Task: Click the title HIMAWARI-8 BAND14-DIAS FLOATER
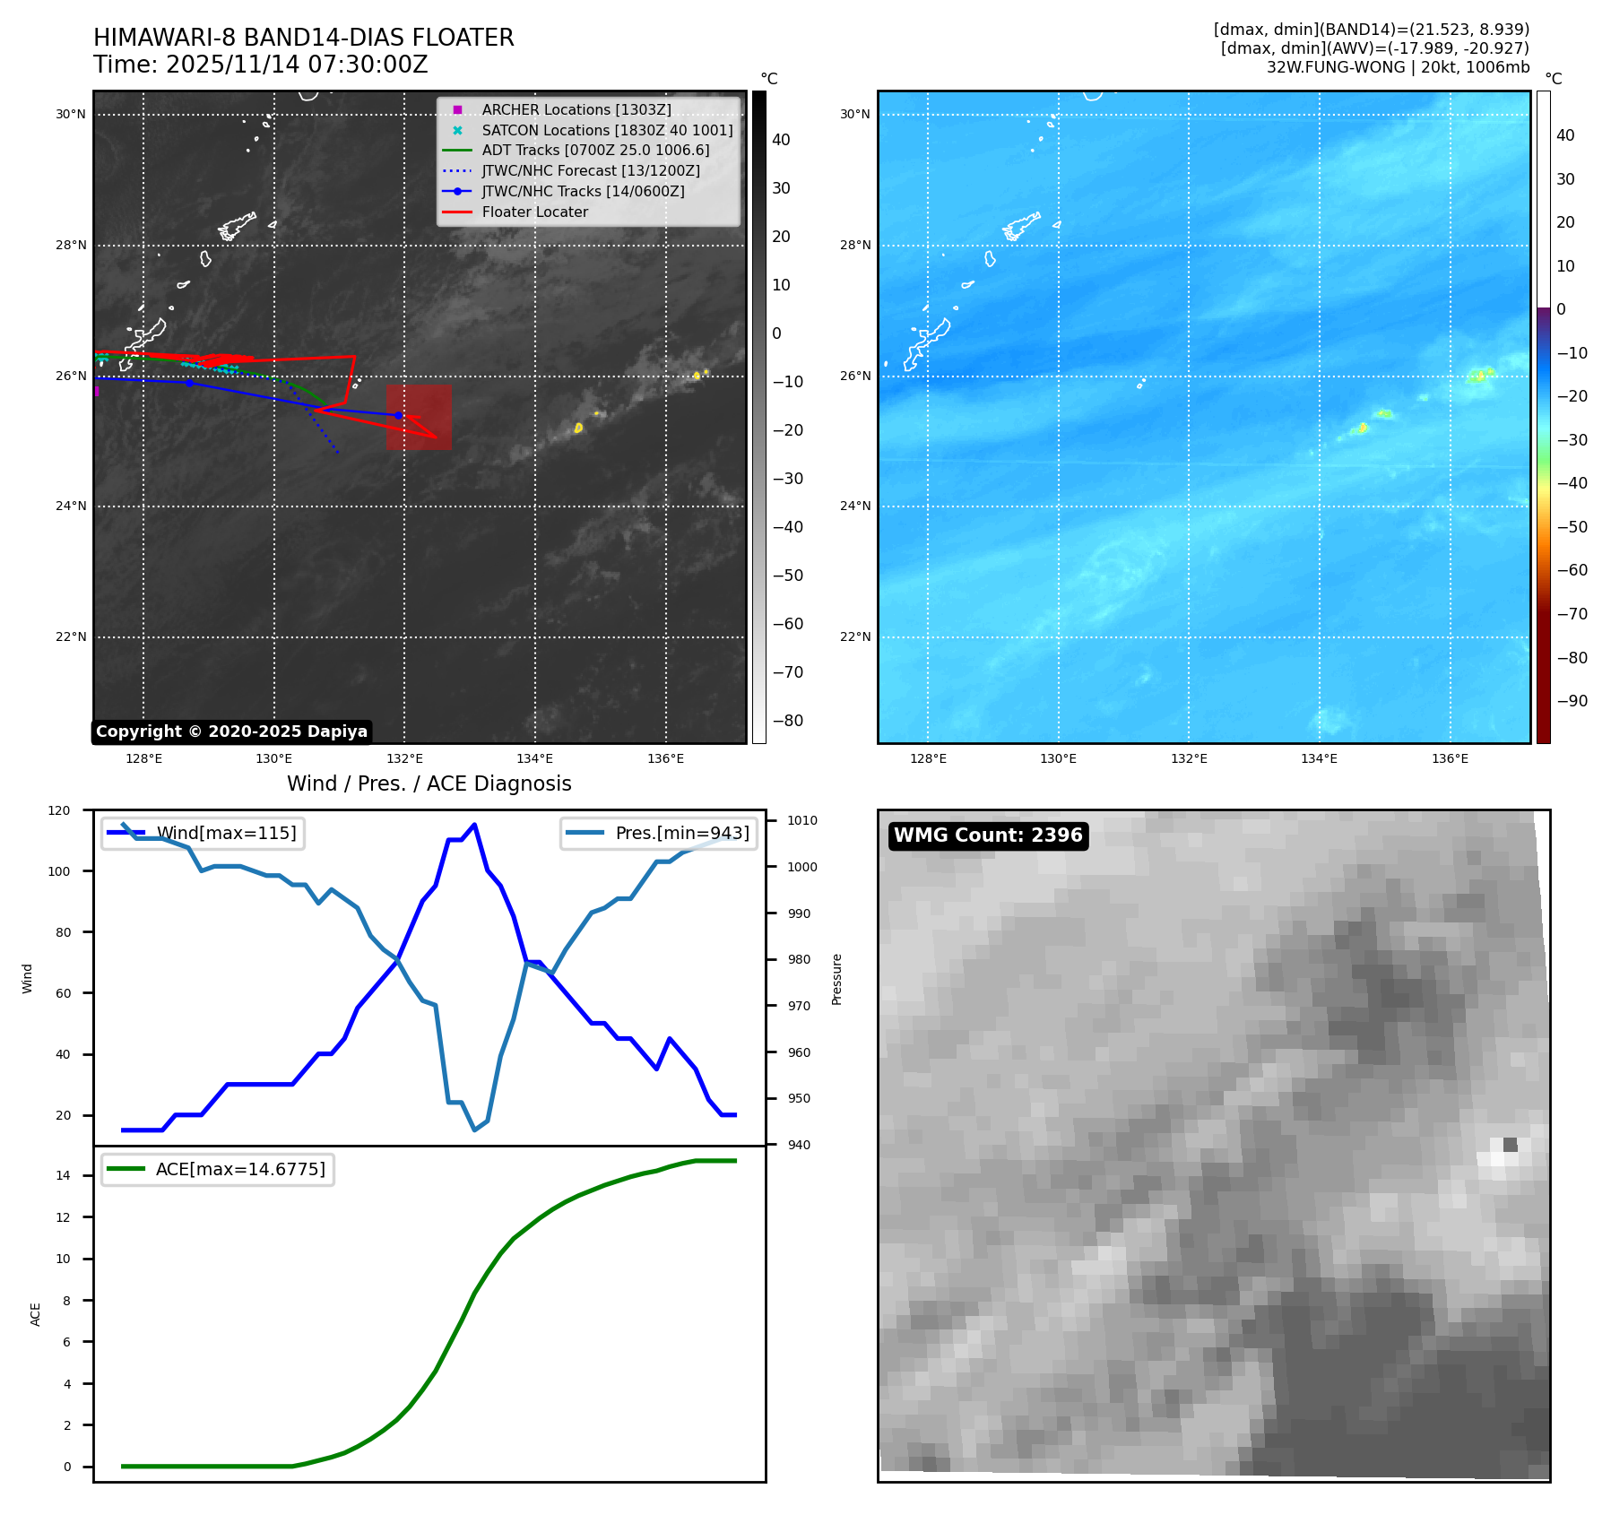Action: point(303,38)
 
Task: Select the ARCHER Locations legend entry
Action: point(576,109)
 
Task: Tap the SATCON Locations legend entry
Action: point(606,130)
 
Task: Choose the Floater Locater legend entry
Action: point(534,212)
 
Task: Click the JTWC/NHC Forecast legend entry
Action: point(590,171)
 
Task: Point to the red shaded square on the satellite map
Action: point(419,417)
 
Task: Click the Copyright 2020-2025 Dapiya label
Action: point(231,732)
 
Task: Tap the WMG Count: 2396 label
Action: point(988,835)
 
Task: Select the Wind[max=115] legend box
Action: point(203,833)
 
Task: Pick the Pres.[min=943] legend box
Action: point(659,833)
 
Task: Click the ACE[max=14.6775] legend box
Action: point(218,1169)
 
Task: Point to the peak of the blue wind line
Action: point(474,825)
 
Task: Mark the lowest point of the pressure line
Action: point(475,1130)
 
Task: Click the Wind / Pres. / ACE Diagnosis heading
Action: point(429,783)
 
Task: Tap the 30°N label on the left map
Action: point(71,115)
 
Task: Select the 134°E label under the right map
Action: point(1319,758)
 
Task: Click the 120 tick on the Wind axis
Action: point(59,810)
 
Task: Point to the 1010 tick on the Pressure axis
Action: point(802,820)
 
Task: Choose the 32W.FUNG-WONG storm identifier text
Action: point(1335,67)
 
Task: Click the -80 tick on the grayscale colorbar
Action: point(789,721)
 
